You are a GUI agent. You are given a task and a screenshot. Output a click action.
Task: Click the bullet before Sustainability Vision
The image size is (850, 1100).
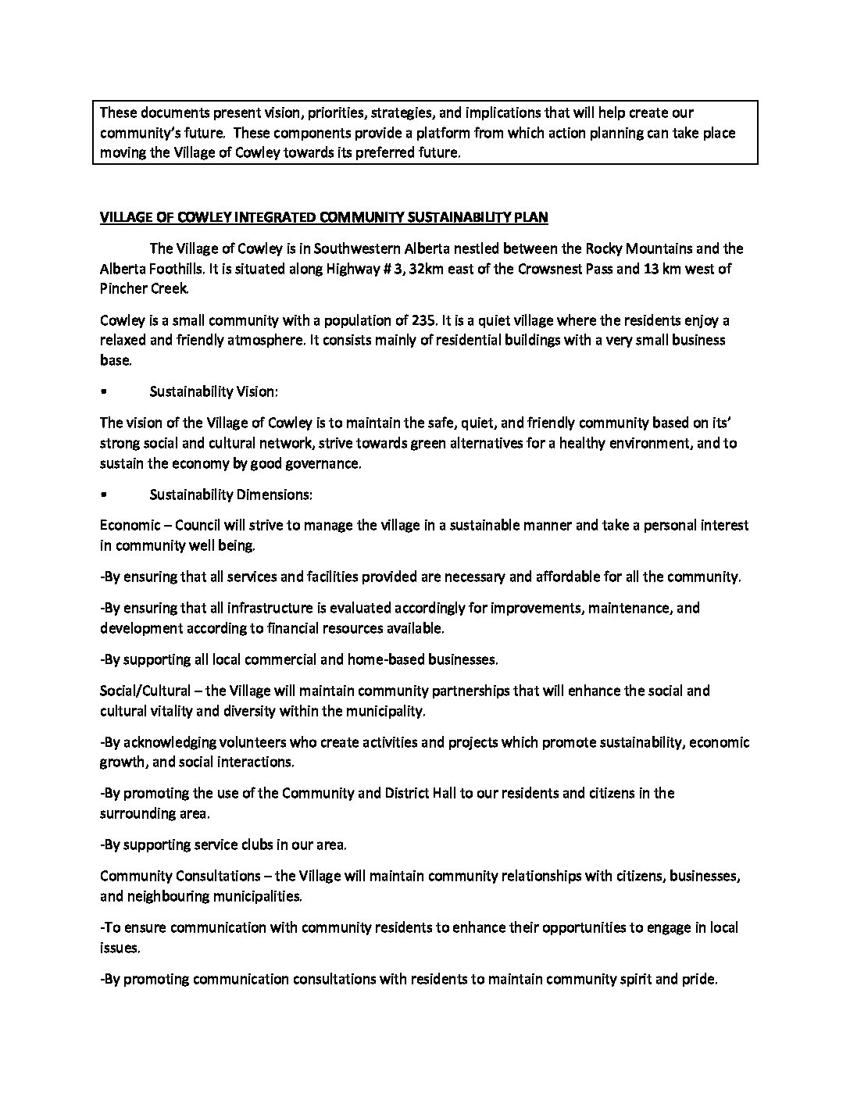pos(104,392)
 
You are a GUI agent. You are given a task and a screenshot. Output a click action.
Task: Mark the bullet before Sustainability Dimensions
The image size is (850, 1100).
pos(104,495)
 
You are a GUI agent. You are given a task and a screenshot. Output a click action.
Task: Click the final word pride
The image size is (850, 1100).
pos(698,979)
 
